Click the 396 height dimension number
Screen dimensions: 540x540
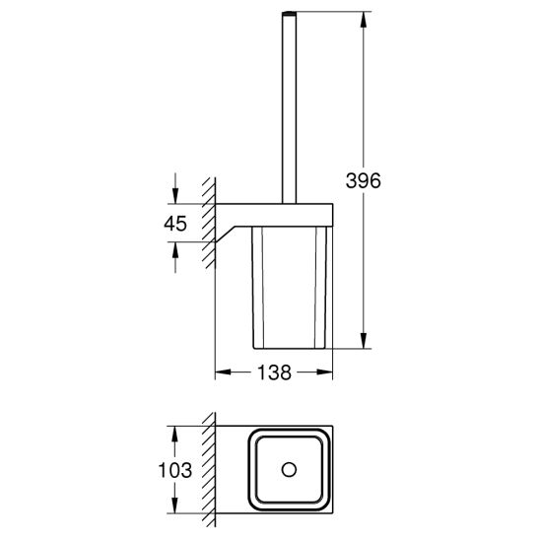coord(363,180)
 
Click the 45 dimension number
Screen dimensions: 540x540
coord(175,224)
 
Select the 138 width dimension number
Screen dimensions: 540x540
coord(274,372)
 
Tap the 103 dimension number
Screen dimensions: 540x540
coord(175,470)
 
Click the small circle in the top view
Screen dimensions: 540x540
coord(289,470)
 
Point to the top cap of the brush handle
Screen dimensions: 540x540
coord(290,14)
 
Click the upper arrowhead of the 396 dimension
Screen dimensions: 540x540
coord(364,20)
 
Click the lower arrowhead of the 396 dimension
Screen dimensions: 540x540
coord(364,341)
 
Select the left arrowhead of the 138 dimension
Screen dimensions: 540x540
coord(223,371)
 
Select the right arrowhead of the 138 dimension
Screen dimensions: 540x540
coord(325,371)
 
